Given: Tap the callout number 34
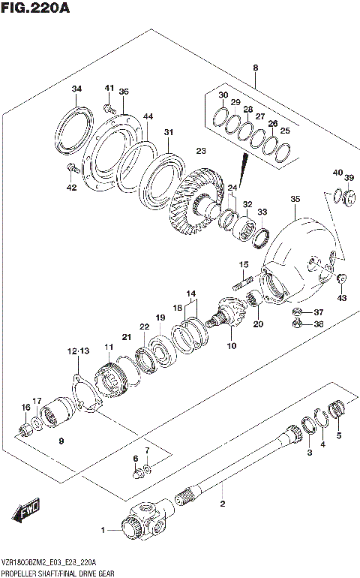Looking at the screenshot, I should click(76, 90).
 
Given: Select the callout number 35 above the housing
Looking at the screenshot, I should click(295, 199).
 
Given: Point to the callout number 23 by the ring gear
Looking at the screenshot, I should click(200, 151).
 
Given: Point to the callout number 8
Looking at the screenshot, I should click(255, 68).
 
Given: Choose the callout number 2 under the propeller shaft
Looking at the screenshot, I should click(222, 504).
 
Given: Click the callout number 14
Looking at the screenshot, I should click(191, 294).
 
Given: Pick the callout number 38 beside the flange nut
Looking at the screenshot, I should click(318, 325).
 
